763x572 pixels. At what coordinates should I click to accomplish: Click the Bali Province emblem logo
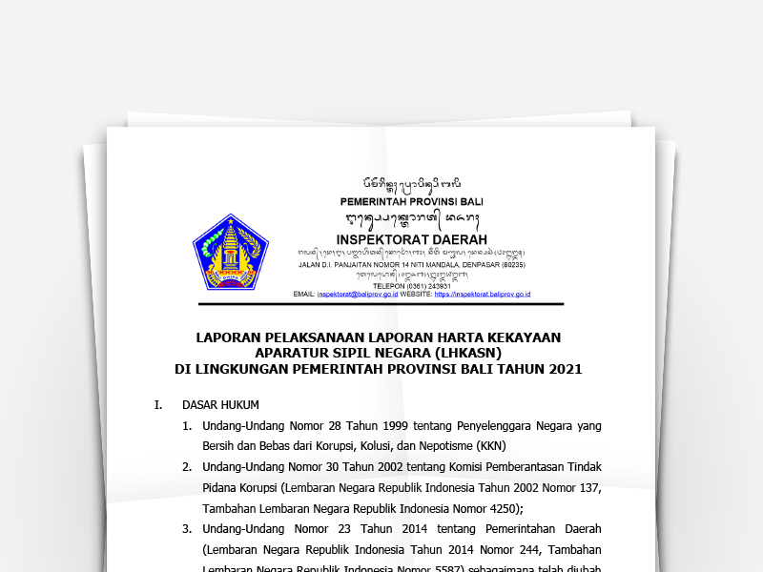[x=231, y=252]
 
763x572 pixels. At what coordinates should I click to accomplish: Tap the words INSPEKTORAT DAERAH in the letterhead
[x=411, y=238]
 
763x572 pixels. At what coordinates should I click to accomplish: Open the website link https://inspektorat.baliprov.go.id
[x=482, y=295]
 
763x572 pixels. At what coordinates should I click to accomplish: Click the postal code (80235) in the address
[x=511, y=264]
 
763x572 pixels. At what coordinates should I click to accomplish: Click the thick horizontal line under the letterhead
[x=381, y=304]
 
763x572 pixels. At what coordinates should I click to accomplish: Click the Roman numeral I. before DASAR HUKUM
[x=158, y=404]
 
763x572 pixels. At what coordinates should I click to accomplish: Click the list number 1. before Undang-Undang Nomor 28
[x=187, y=425]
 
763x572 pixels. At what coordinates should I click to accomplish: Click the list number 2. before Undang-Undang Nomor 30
[x=187, y=466]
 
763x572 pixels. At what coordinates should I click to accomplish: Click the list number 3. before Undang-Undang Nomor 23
[x=187, y=528]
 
